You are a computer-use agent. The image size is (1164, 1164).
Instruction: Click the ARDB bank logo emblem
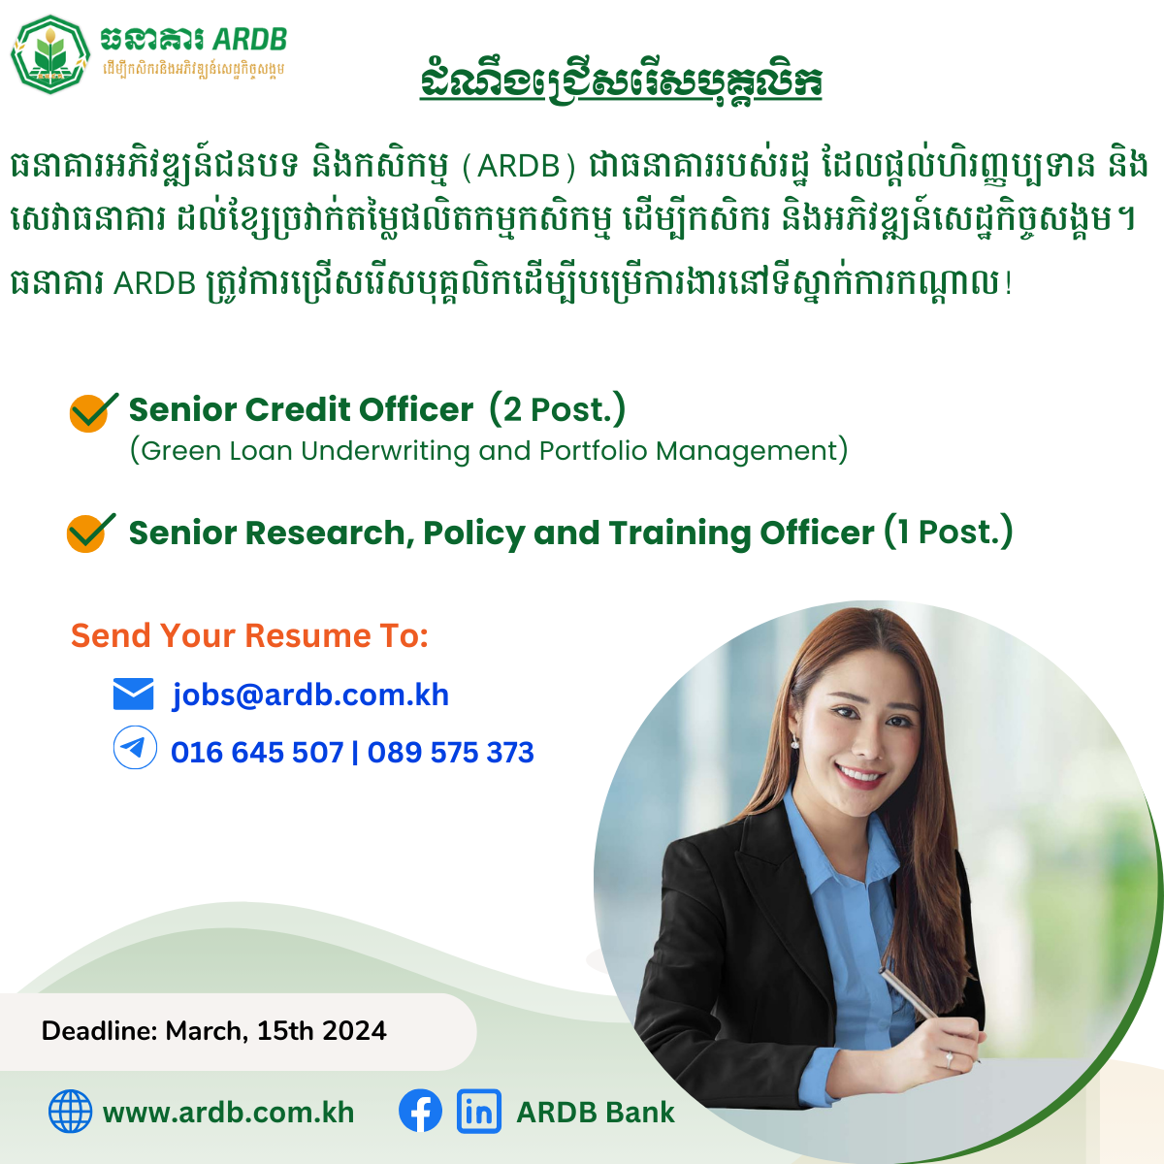(50, 54)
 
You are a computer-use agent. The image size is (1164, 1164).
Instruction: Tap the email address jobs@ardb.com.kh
(310, 695)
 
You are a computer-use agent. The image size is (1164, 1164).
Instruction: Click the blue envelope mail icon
(134, 694)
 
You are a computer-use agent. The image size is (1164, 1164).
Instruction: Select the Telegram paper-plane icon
(135, 747)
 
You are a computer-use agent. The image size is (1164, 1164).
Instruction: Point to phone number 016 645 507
(257, 753)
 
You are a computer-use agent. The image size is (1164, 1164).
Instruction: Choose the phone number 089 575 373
(451, 753)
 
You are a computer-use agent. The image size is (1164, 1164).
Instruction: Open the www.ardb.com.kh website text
(228, 1113)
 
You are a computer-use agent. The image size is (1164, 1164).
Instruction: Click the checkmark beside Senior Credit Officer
(93, 412)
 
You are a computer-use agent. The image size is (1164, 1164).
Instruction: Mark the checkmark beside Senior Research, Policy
(90, 533)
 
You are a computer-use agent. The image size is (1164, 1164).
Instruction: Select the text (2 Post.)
(557, 409)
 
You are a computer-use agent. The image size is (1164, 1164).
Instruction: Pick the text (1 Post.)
(948, 532)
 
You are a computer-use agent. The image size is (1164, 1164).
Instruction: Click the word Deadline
(100, 1030)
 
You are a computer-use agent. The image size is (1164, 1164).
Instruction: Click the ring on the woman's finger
(949, 1059)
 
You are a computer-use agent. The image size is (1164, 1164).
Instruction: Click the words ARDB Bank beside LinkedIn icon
(596, 1112)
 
